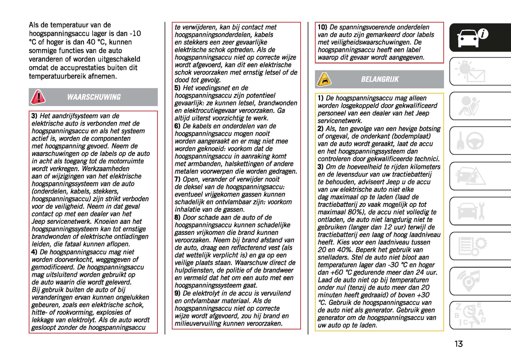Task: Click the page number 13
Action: pos(458,344)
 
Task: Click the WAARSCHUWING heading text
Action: pos(94,97)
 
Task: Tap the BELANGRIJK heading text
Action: pos(379,80)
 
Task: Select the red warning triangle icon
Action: pos(38,97)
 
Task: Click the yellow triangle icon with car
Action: pos(324,80)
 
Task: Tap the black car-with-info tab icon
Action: pos(472,37)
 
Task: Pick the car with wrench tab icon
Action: pos(471,211)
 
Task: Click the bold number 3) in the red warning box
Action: pos(34,116)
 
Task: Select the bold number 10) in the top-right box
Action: pos(322,27)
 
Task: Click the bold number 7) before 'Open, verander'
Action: pos(178,179)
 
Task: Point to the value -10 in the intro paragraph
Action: pos(135,34)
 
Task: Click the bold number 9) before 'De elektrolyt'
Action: pos(178,293)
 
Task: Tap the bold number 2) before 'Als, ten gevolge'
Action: pos(320,129)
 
